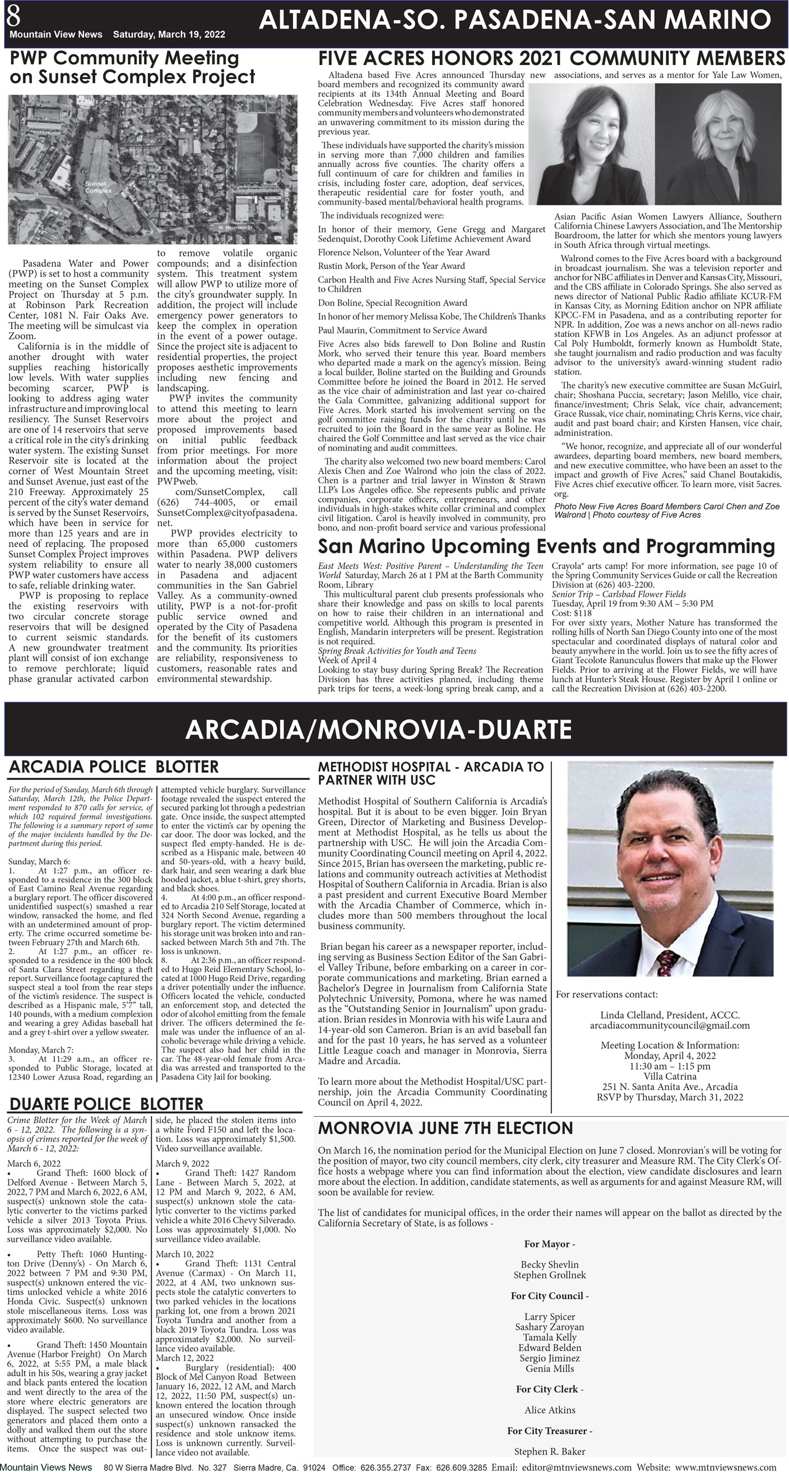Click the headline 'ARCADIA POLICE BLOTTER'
(x=114, y=767)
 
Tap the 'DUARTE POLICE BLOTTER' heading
(x=106, y=1103)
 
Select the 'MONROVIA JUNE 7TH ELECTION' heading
(x=445, y=1128)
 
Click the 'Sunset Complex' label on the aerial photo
(x=98, y=187)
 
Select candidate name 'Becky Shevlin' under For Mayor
(x=549, y=1265)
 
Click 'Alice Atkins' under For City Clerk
(x=550, y=1410)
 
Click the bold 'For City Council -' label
(x=549, y=1295)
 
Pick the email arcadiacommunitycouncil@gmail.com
(x=670, y=1025)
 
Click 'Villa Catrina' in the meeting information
(x=670, y=1076)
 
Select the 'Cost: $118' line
(x=572, y=612)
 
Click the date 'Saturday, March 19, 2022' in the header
(x=169, y=34)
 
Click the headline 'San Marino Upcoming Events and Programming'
(x=546, y=546)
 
